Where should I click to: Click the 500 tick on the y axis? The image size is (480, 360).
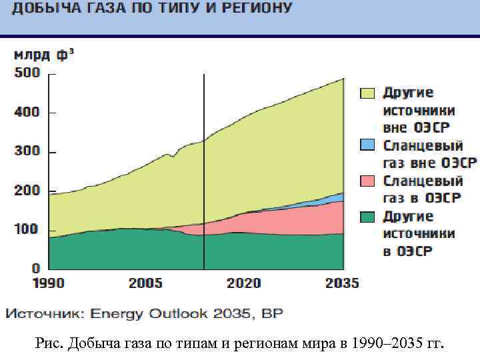pyautogui.click(x=27, y=73)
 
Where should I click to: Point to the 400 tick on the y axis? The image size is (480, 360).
pyautogui.click(x=27, y=113)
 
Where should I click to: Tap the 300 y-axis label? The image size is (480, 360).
pyautogui.click(x=27, y=152)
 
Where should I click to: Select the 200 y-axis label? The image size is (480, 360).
pyautogui.click(x=27, y=191)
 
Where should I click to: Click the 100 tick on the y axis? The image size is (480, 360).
pyautogui.click(x=27, y=230)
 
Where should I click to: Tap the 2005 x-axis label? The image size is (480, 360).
pyautogui.click(x=145, y=283)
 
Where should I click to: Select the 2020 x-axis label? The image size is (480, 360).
pyautogui.click(x=244, y=283)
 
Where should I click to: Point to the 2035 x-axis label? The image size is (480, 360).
pyautogui.click(x=342, y=283)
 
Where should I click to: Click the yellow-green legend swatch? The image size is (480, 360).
pyautogui.click(x=368, y=93)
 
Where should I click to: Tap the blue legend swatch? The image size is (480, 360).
pyautogui.click(x=368, y=145)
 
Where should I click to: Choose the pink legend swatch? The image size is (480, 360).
pyautogui.click(x=368, y=181)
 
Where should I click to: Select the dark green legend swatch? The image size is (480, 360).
pyautogui.click(x=368, y=217)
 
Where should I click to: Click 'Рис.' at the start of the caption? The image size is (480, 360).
pyautogui.click(x=49, y=344)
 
